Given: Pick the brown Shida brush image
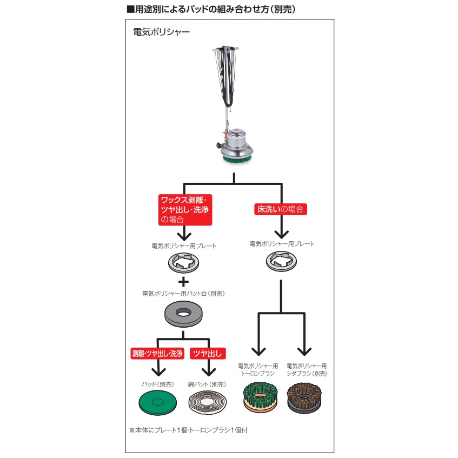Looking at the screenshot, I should [307, 395].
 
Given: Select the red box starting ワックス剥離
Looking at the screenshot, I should [184, 209].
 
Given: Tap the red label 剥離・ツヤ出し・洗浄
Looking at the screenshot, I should [157, 354].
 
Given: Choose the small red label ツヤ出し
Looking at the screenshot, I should [208, 354].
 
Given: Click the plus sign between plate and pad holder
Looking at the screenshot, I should [183, 281].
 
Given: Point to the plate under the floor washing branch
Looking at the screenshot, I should [281, 262].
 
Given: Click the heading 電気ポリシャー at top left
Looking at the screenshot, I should [161, 32].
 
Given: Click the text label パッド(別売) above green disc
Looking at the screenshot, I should [158, 384].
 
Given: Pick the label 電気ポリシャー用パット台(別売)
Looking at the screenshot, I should [183, 294].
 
